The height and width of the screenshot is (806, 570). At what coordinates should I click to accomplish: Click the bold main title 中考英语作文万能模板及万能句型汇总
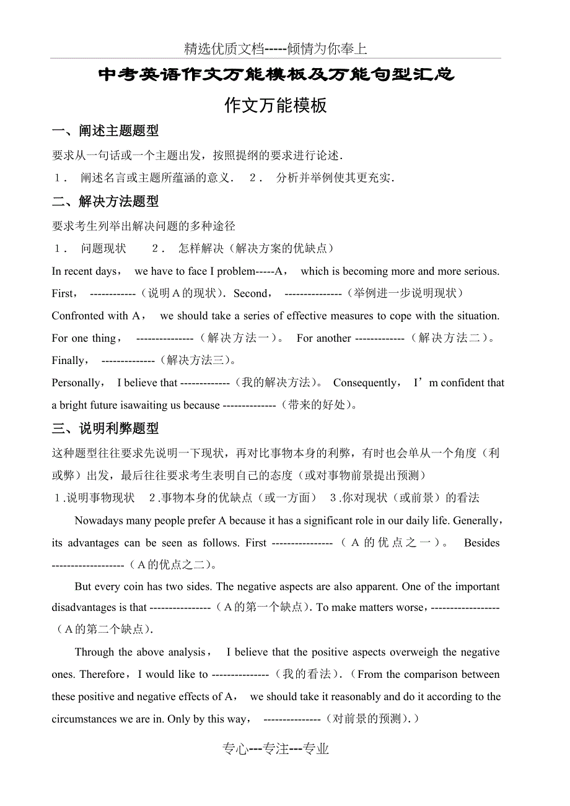pos(277,76)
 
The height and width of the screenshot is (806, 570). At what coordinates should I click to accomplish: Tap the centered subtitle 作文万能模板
pos(276,105)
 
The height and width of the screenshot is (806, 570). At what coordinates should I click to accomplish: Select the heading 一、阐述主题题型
pos(105,131)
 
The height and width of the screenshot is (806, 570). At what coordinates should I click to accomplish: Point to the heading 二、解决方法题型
pos(105,201)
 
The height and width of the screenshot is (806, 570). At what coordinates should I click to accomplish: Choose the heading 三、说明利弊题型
pos(105,428)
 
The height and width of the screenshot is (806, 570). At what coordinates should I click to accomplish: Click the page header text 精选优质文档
pos(224,49)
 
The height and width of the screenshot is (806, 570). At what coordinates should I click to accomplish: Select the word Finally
pos(68,360)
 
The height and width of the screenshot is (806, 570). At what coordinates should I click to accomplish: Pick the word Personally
pos(76,383)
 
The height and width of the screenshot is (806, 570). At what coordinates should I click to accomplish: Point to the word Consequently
pos(364,383)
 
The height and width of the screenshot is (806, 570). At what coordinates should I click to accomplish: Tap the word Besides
pos(481,543)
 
